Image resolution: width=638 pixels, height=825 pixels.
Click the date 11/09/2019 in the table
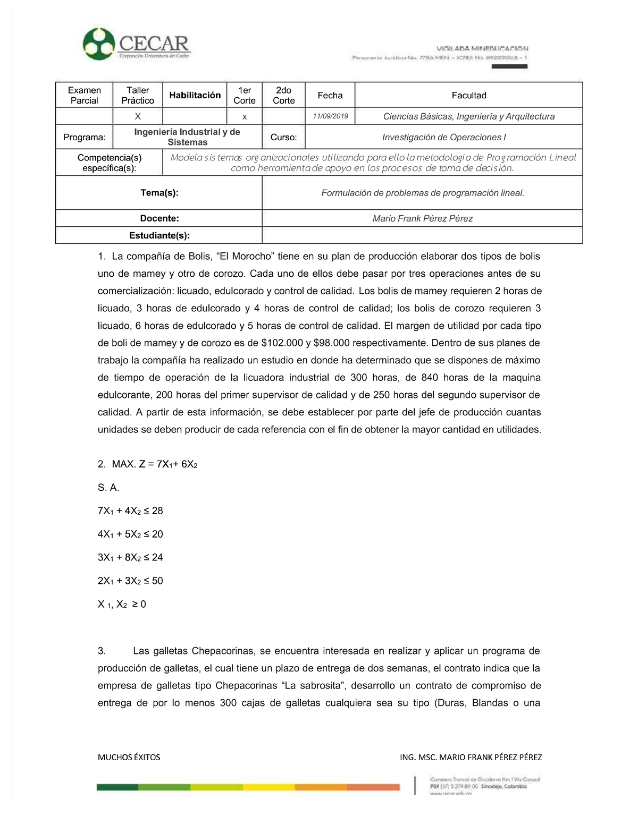click(x=330, y=116)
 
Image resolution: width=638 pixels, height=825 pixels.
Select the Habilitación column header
click(x=195, y=95)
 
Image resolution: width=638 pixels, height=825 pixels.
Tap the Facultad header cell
click(x=468, y=95)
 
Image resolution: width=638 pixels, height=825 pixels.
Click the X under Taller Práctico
click(x=138, y=116)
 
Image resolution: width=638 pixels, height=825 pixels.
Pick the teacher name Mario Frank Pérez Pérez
click(x=422, y=218)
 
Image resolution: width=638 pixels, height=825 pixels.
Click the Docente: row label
click(x=159, y=218)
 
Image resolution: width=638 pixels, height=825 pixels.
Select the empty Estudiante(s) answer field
click(x=422, y=235)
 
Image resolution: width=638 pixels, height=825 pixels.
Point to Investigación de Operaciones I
click(x=443, y=137)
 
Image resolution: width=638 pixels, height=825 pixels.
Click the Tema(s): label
click(x=159, y=193)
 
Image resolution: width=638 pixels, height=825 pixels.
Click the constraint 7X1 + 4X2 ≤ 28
click(x=130, y=511)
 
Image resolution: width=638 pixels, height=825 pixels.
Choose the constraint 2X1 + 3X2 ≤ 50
click(x=130, y=581)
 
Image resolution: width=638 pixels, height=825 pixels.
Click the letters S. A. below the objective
click(x=108, y=488)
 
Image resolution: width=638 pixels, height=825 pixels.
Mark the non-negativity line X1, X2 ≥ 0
click(x=122, y=604)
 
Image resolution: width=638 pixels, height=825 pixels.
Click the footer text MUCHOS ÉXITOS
click(x=129, y=757)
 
